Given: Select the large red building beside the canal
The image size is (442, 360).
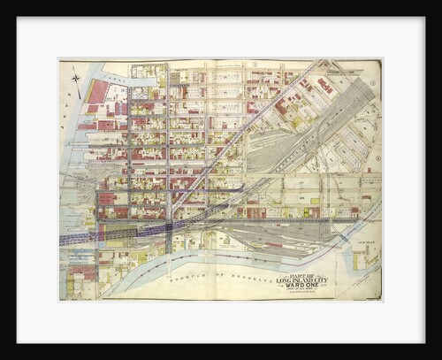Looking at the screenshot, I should tap(97, 92).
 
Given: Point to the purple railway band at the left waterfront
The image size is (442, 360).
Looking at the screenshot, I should tap(75, 238).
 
